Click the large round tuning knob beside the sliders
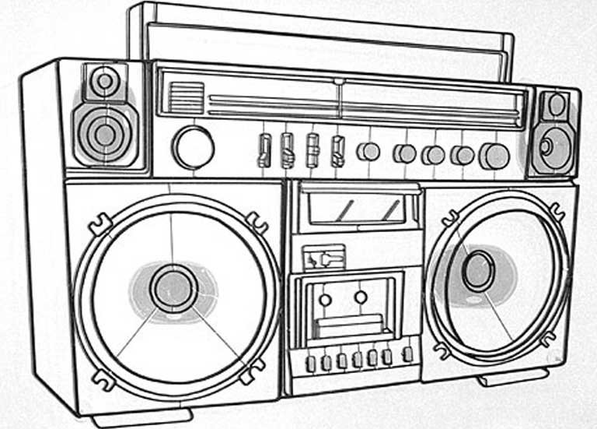click(x=193, y=147)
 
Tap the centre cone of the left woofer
click(x=173, y=288)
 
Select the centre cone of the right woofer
click(x=477, y=271)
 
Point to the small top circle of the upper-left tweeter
click(x=104, y=80)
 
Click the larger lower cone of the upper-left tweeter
click(x=105, y=133)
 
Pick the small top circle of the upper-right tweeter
click(x=557, y=104)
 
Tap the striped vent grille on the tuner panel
click(x=186, y=98)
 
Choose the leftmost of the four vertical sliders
click(x=264, y=149)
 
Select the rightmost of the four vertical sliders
click(x=337, y=150)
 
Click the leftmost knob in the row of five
click(x=368, y=152)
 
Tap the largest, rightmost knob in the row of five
click(x=494, y=156)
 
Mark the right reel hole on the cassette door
click(x=361, y=297)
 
